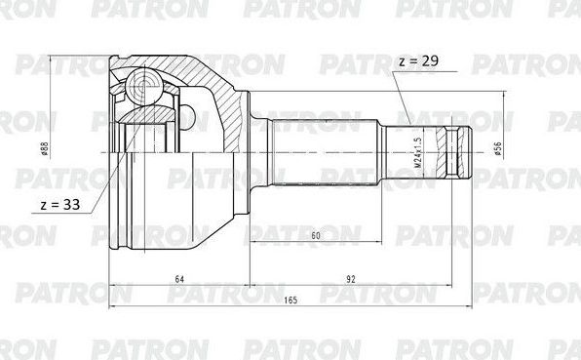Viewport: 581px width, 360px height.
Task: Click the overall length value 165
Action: click(291, 300)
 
